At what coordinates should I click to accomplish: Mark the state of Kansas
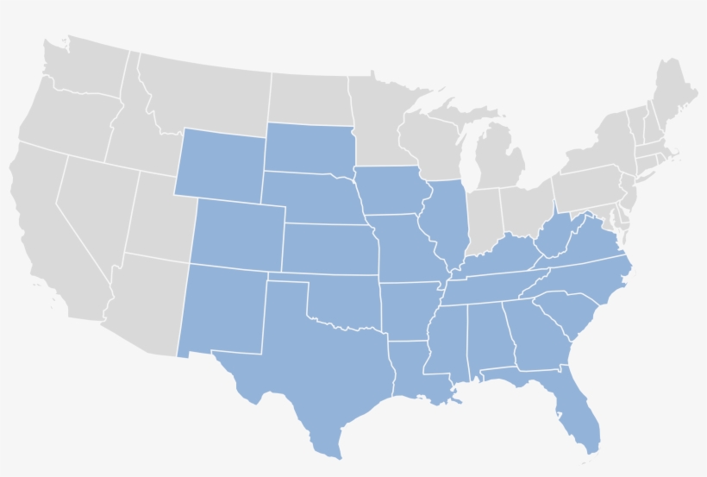click(x=328, y=250)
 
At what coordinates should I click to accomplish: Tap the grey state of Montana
click(x=203, y=95)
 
